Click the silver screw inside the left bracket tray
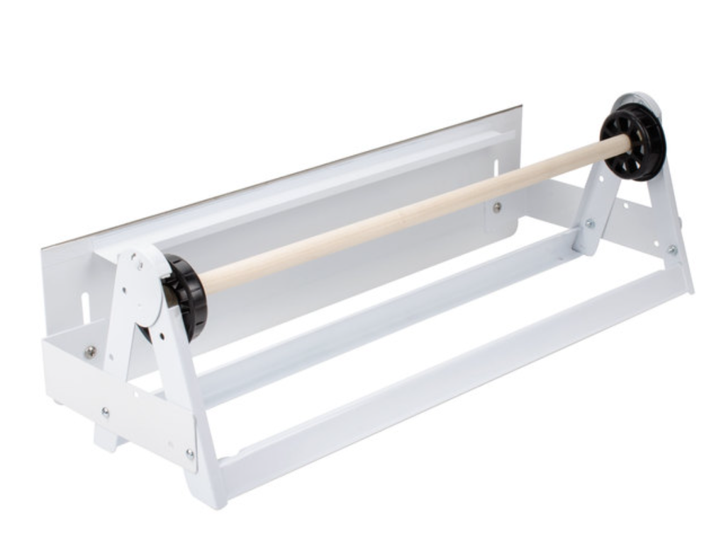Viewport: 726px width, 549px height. pos(90,352)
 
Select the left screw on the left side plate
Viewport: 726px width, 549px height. pos(105,412)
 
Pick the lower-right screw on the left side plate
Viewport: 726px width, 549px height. pos(189,453)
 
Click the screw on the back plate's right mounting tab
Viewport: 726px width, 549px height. pos(497,207)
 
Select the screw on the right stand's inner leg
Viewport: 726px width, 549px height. pos(588,224)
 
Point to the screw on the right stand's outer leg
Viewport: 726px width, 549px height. pos(671,250)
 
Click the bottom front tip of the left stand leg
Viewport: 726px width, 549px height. pos(209,499)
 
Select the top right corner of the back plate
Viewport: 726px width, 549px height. pos(521,107)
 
